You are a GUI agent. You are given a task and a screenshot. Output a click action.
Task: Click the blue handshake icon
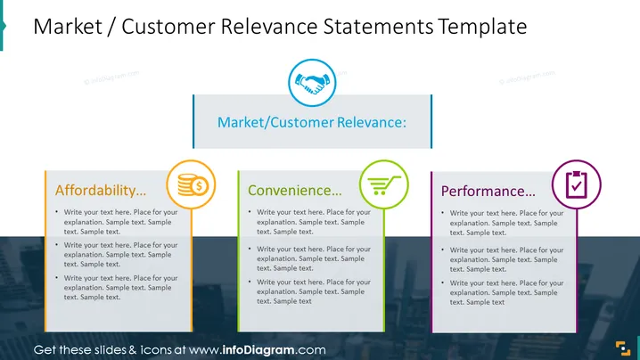click(x=312, y=83)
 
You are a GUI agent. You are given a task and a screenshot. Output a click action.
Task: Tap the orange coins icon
click(x=193, y=184)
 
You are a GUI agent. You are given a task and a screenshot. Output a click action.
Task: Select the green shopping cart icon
click(x=384, y=184)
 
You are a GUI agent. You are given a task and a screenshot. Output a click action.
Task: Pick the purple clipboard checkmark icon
click(x=577, y=184)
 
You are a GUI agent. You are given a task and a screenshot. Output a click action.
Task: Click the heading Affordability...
click(x=101, y=191)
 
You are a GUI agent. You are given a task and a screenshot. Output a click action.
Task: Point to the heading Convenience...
click(x=295, y=191)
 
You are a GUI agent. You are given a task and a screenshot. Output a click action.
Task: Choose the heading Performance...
click(x=488, y=192)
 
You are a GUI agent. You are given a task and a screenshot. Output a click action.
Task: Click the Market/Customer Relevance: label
click(x=312, y=122)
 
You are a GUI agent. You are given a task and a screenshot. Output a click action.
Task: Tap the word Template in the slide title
click(x=483, y=27)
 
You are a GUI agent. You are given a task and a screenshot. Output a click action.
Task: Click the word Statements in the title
click(x=378, y=27)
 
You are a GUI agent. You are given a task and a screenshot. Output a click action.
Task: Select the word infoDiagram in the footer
click(x=258, y=350)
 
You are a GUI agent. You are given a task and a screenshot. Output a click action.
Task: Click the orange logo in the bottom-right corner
click(x=623, y=348)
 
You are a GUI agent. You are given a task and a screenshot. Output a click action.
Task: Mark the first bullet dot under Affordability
click(x=57, y=212)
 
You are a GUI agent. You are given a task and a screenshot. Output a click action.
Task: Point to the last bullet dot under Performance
click(x=443, y=282)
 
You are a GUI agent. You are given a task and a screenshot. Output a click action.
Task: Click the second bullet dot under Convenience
click(x=250, y=249)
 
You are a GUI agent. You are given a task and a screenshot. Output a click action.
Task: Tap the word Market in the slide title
click(x=68, y=27)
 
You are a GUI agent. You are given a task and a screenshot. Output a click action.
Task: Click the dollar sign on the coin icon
click(x=199, y=186)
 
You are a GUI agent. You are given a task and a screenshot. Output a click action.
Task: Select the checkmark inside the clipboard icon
click(x=577, y=186)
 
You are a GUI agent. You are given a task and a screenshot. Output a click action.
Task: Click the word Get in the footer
click(x=45, y=350)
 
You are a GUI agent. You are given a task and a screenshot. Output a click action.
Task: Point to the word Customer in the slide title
click(x=168, y=27)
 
